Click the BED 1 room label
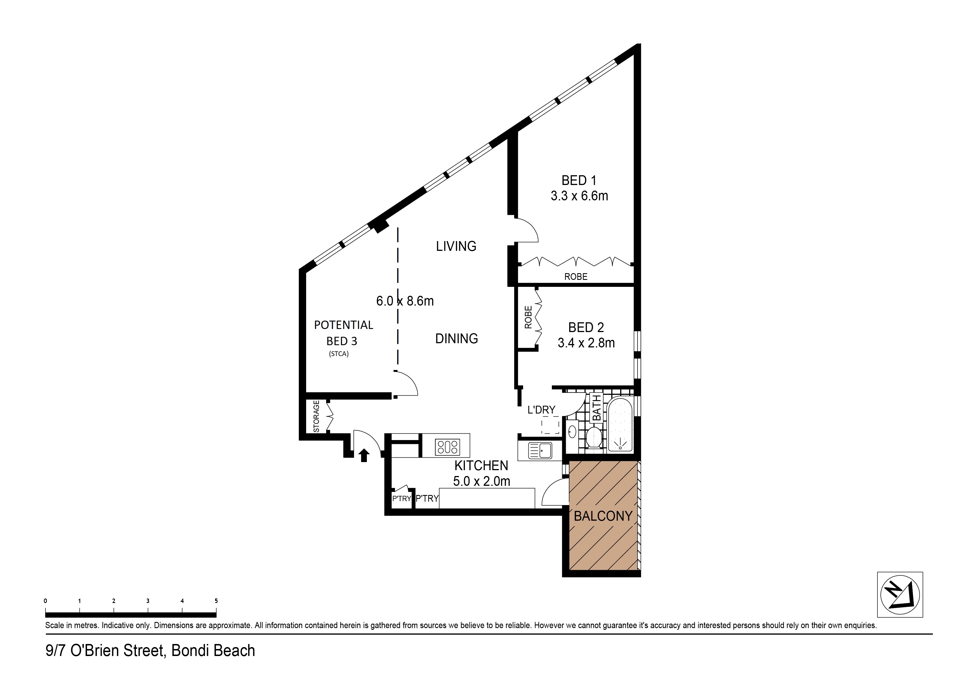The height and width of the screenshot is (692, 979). tap(579, 181)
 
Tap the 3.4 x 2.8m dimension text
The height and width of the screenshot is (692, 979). tap(586, 343)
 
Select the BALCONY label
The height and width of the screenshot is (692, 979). tap(603, 516)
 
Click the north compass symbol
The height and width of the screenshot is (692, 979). tap(900, 595)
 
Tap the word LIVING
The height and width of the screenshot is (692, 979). tap(456, 246)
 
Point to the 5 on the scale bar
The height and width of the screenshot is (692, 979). tap(216, 601)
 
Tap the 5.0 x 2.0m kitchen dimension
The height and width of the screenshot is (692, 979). tap(481, 481)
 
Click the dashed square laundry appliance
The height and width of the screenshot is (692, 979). tap(550, 426)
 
